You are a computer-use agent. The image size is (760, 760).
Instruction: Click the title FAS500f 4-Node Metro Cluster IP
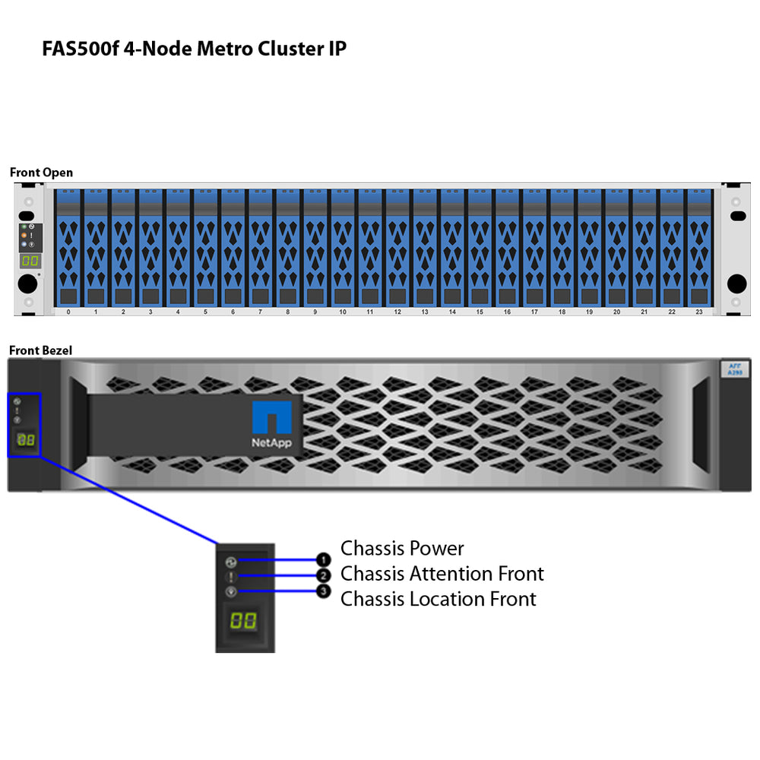click(x=195, y=49)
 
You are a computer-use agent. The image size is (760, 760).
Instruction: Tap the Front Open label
click(x=41, y=173)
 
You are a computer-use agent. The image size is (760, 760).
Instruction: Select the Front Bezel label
click(x=40, y=350)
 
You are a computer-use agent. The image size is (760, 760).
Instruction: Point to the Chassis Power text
click(x=402, y=548)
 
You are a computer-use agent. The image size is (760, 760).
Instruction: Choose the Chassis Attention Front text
click(x=442, y=573)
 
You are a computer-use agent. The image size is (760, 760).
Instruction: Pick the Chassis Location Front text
click(x=439, y=599)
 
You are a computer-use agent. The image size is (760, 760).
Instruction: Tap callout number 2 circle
click(x=324, y=576)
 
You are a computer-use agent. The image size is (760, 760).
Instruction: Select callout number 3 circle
click(x=324, y=591)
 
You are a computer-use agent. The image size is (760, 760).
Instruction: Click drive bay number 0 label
click(x=68, y=312)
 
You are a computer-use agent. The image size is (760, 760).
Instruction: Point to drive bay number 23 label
click(x=698, y=312)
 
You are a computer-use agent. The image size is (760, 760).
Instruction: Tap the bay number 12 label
click(x=397, y=312)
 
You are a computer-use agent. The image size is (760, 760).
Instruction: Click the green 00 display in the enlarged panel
click(x=243, y=620)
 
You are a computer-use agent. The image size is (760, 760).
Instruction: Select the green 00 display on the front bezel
click(x=26, y=440)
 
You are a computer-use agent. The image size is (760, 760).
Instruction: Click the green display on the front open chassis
click(x=30, y=261)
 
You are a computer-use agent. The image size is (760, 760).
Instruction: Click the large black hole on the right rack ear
click(x=736, y=283)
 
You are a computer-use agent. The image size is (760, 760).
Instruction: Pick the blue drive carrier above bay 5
click(x=205, y=247)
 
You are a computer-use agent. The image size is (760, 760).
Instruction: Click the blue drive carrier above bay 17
click(x=534, y=247)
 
